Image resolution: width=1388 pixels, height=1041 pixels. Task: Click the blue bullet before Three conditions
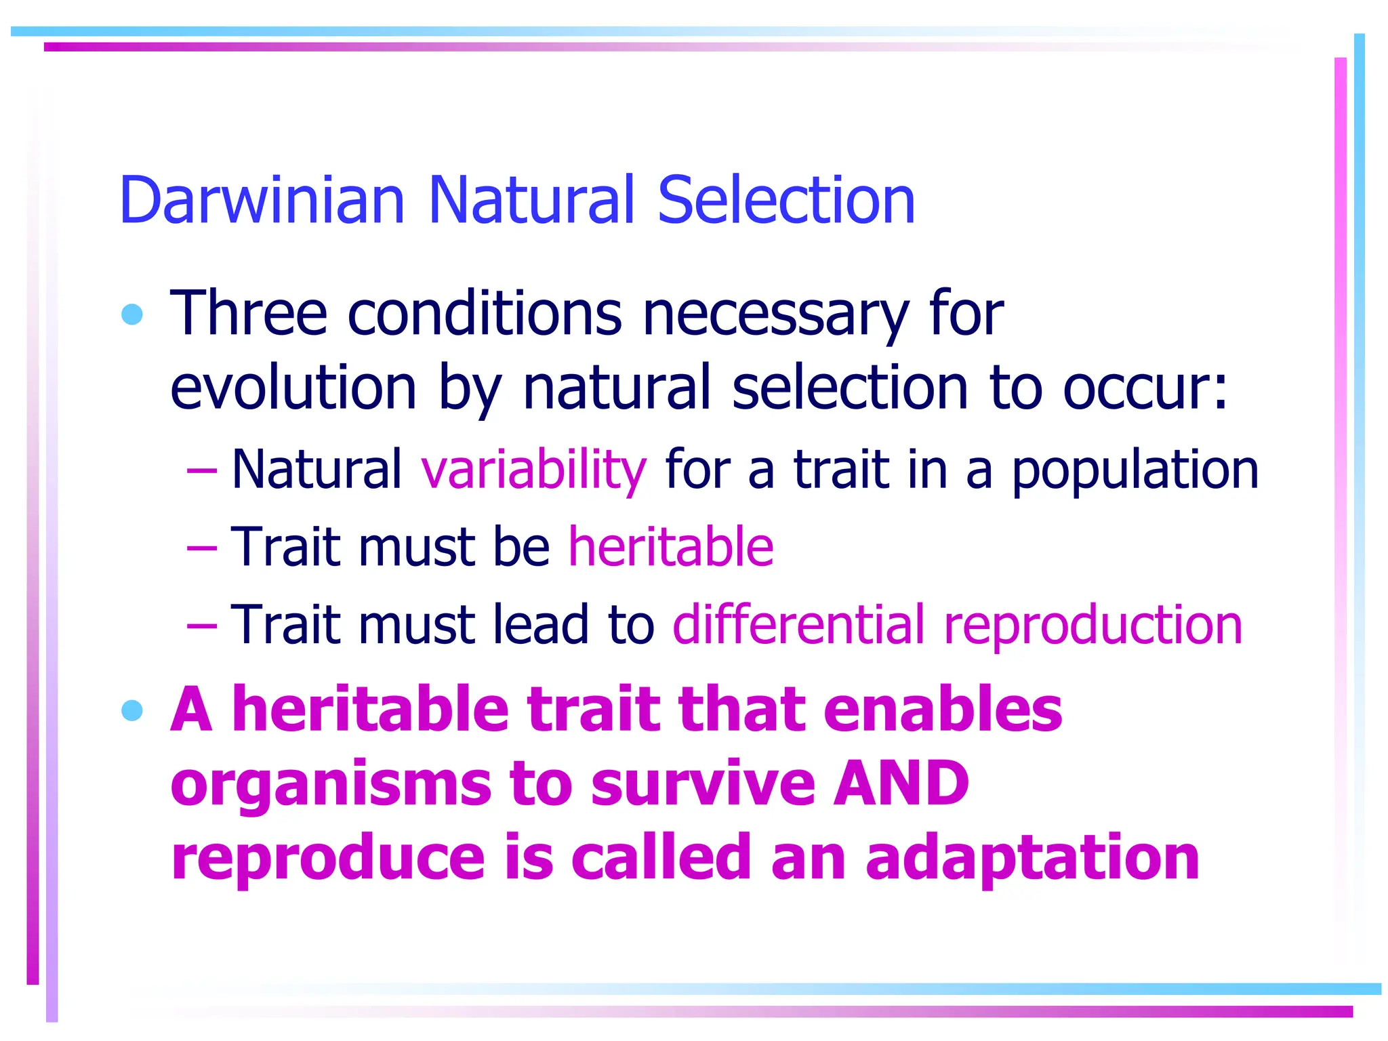click(132, 314)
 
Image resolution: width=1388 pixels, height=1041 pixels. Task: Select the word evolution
click(293, 388)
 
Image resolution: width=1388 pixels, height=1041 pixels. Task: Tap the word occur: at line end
click(1145, 389)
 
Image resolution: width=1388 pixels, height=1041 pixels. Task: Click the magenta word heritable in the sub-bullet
click(671, 546)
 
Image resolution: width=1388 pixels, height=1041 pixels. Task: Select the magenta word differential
click(798, 624)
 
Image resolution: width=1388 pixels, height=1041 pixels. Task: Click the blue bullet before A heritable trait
click(132, 710)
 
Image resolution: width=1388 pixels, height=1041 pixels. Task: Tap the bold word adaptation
click(1032, 859)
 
